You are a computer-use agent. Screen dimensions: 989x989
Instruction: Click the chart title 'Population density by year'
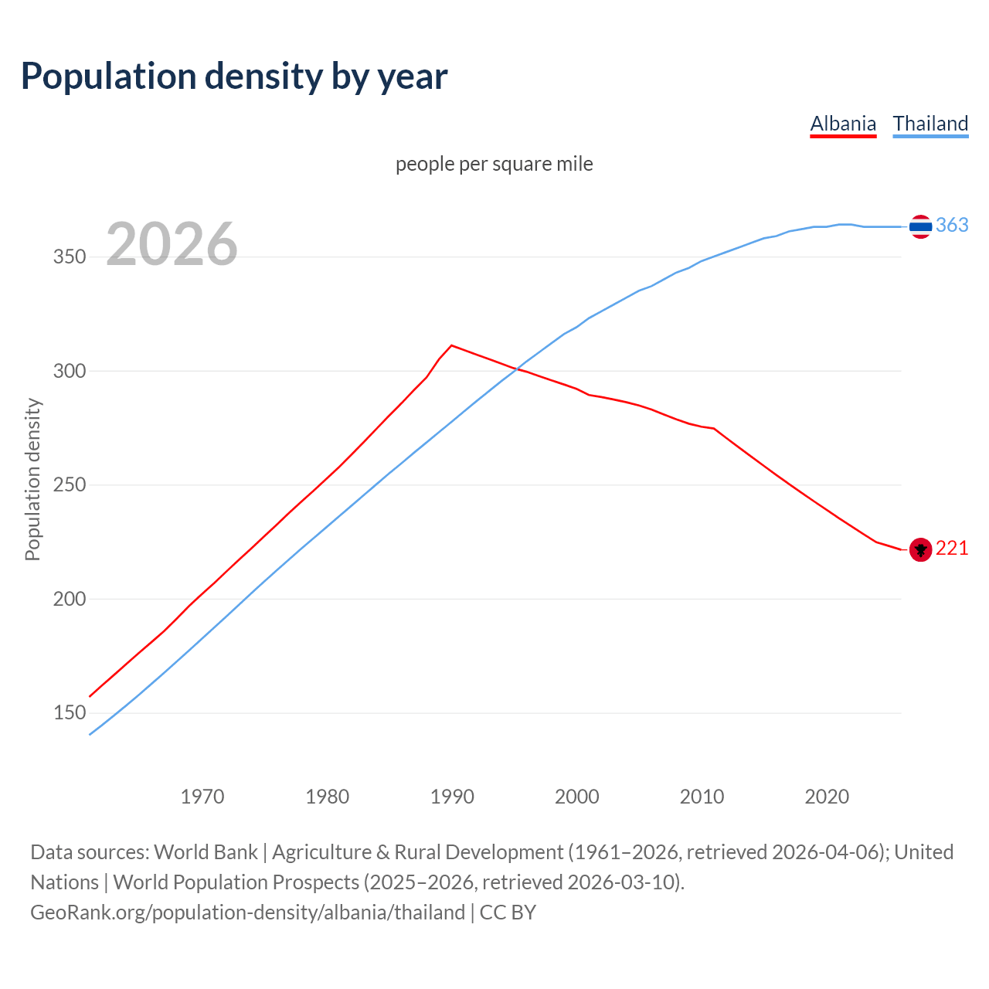pyautogui.click(x=234, y=76)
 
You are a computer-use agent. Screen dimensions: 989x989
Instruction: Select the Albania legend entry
pyautogui.click(x=843, y=124)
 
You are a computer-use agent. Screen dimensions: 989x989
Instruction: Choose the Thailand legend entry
pyautogui.click(x=930, y=124)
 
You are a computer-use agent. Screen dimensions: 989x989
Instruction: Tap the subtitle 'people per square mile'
pyautogui.click(x=494, y=164)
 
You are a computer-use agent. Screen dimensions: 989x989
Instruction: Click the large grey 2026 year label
pyautogui.click(x=172, y=244)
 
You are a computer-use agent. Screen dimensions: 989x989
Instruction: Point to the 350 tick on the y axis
pyautogui.click(x=69, y=257)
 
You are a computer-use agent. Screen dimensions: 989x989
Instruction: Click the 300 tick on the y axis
pyautogui.click(x=69, y=372)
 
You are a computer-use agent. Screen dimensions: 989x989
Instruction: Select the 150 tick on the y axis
pyautogui.click(x=69, y=713)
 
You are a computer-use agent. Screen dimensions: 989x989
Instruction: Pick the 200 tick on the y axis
pyautogui.click(x=69, y=600)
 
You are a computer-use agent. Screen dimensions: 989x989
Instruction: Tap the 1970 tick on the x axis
pyautogui.click(x=202, y=797)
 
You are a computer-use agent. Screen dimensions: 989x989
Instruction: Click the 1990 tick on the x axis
pyautogui.click(x=452, y=797)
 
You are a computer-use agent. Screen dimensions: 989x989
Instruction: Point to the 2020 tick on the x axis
pyautogui.click(x=827, y=797)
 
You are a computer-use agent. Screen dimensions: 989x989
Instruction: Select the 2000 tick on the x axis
pyautogui.click(x=577, y=797)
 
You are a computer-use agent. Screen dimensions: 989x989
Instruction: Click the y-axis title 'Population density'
pyautogui.click(x=32, y=479)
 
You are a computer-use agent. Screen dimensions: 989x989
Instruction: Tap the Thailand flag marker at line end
pyautogui.click(x=920, y=226)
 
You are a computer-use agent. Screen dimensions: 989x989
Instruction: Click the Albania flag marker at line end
pyautogui.click(x=920, y=549)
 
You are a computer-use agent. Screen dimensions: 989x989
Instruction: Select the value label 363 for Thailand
pyautogui.click(x=952, y=225)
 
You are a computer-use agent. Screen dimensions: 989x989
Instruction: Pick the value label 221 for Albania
pyautogui.click(x=952, y=548)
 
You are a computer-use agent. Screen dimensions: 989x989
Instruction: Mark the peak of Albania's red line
pyautogui.click(x=452, y=345)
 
